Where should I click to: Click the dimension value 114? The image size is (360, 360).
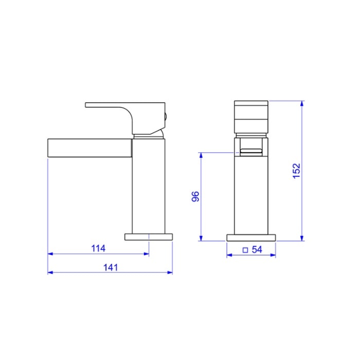98,248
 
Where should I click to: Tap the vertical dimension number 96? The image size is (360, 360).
195,196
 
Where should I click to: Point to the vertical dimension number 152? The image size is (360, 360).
296,171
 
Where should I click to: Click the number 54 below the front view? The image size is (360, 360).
257,250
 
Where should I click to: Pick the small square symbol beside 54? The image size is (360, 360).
245,250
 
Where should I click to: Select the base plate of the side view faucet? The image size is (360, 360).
149,237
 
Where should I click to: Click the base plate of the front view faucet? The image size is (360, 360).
251,237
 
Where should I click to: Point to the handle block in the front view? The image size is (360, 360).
251,116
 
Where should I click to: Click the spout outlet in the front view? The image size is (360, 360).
251,151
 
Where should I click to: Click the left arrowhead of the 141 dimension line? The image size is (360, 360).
50,273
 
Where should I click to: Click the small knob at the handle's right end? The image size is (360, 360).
165,116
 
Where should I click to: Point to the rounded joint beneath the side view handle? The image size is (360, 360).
150,134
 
